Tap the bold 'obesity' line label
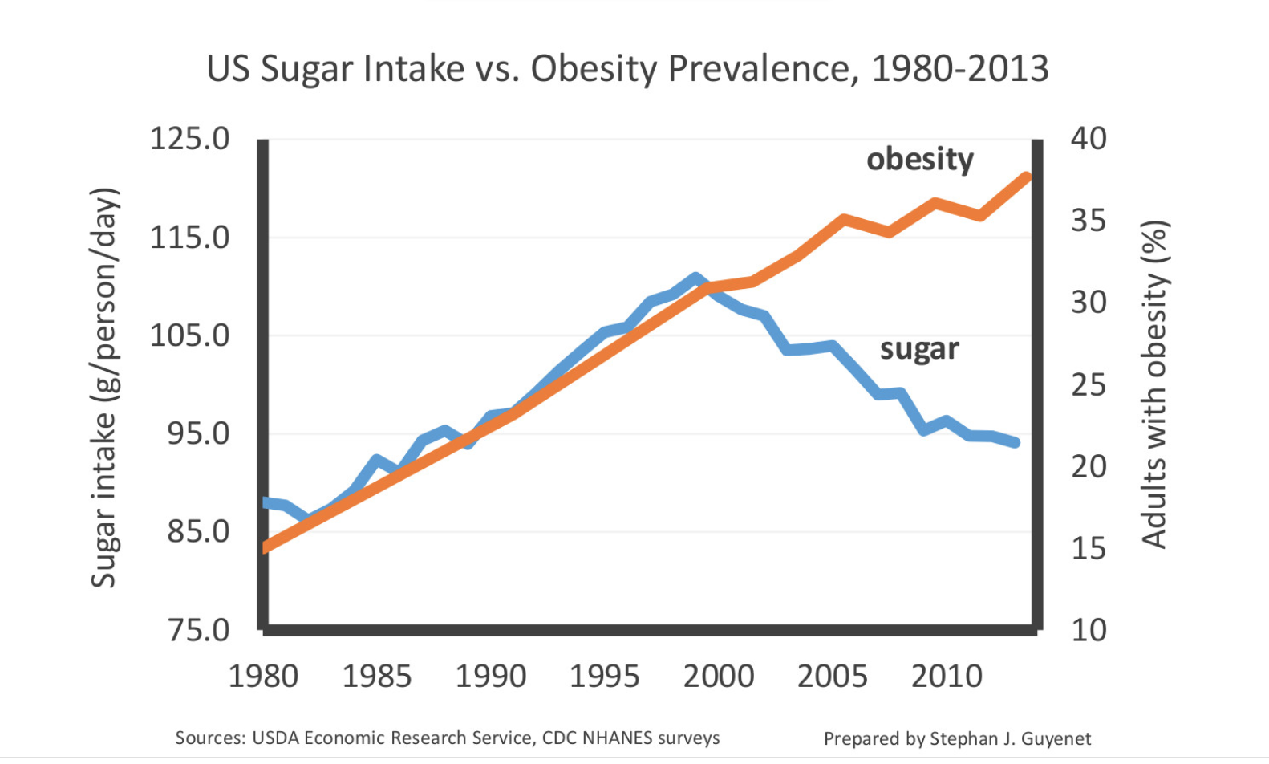tap(920, 160)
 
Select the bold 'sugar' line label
tap(919, 350)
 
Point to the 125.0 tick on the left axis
tap(189, 139)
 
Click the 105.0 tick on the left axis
tap(189, 335)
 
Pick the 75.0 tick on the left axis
tap(198, 631)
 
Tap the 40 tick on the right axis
tap(1089, 139)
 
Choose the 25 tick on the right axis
tap(1089, 385)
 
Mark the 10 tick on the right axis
tap(1089, 631)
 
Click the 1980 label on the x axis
tap(263, 677)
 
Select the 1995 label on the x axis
tap(604, 677)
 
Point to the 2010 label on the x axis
tap(947, 677)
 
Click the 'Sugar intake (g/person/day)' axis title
tap(104, 388)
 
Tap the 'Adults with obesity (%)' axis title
tap(1154, 385)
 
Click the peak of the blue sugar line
tap(695, 278)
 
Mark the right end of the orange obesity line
tap(1027, 177)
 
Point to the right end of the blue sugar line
tap(1016, 442)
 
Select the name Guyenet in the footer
tap(1056, 738)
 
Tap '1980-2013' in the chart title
tap(960, 70)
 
